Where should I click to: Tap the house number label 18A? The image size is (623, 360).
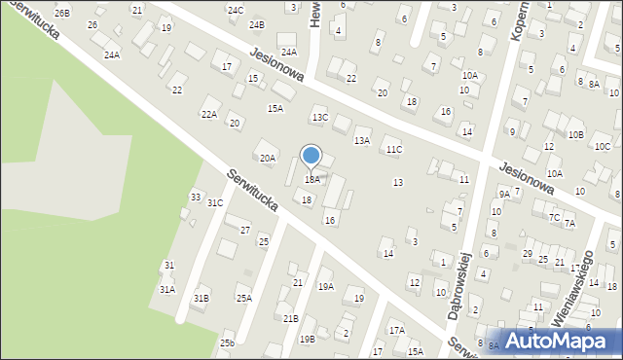tap(311, 180)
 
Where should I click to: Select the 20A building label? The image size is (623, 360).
tap(267, 158)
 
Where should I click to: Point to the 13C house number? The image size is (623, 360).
tap(319, 118)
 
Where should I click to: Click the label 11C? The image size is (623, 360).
tap(393, 150)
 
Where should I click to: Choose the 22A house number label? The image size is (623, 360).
tap(208, 114)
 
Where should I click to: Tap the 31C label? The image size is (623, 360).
tap(215, 203)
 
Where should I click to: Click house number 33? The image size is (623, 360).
tap(196, 198)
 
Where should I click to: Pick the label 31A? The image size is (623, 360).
tap(167, 289)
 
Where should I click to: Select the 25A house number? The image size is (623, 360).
tap(242, 299)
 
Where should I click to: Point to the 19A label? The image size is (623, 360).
tap(325, 287)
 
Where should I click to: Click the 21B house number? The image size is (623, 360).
tap(290, 318)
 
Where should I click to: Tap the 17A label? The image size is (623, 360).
tap(396, 331)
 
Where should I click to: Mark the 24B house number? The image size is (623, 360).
tap(256, 25)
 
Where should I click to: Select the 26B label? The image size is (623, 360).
tap(62, 13)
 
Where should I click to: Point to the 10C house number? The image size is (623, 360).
tap(602, 147)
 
